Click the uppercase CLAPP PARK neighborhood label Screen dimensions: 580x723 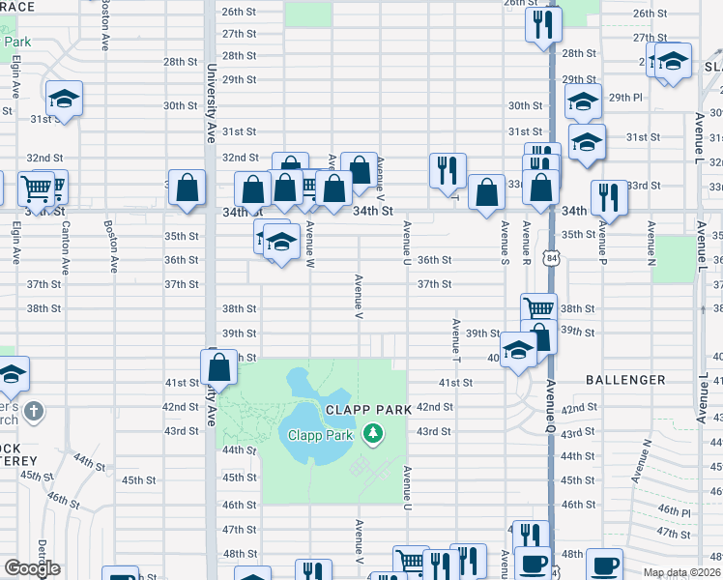361,409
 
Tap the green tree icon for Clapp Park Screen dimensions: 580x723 373,435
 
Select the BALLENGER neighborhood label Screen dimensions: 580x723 624,380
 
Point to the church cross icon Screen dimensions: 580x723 34,411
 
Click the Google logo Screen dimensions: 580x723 32,567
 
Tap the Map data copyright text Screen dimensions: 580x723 680,572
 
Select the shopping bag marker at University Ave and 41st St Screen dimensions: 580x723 219,367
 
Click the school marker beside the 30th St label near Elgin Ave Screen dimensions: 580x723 65,99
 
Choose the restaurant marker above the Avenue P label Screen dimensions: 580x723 609,196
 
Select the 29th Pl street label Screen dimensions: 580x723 625,98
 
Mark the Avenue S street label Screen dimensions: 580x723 504,242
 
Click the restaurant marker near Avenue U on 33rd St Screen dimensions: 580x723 448,170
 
